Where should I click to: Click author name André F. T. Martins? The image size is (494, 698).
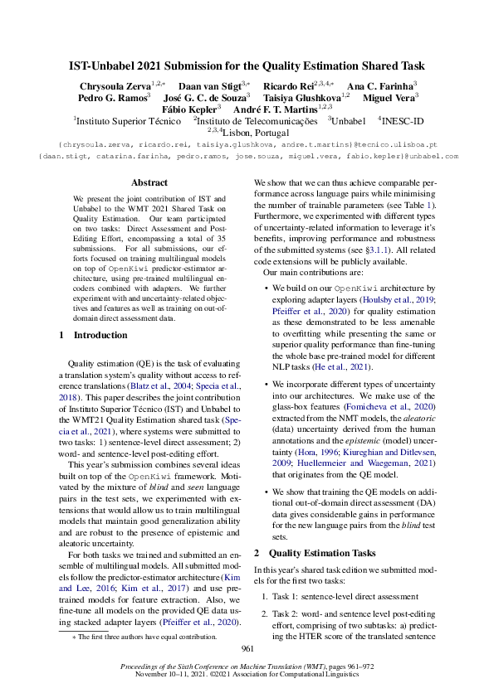coord(280,108)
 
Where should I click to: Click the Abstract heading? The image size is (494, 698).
coord(149,182)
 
